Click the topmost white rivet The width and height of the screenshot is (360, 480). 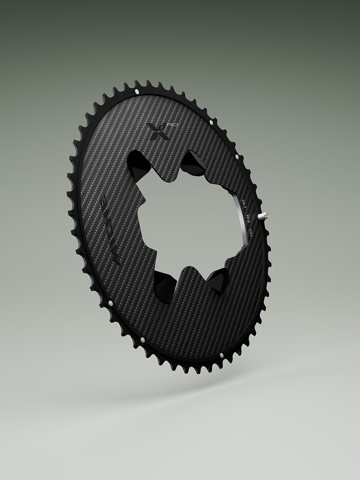coord(136,91)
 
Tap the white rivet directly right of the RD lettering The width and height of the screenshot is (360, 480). coord(212,123)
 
